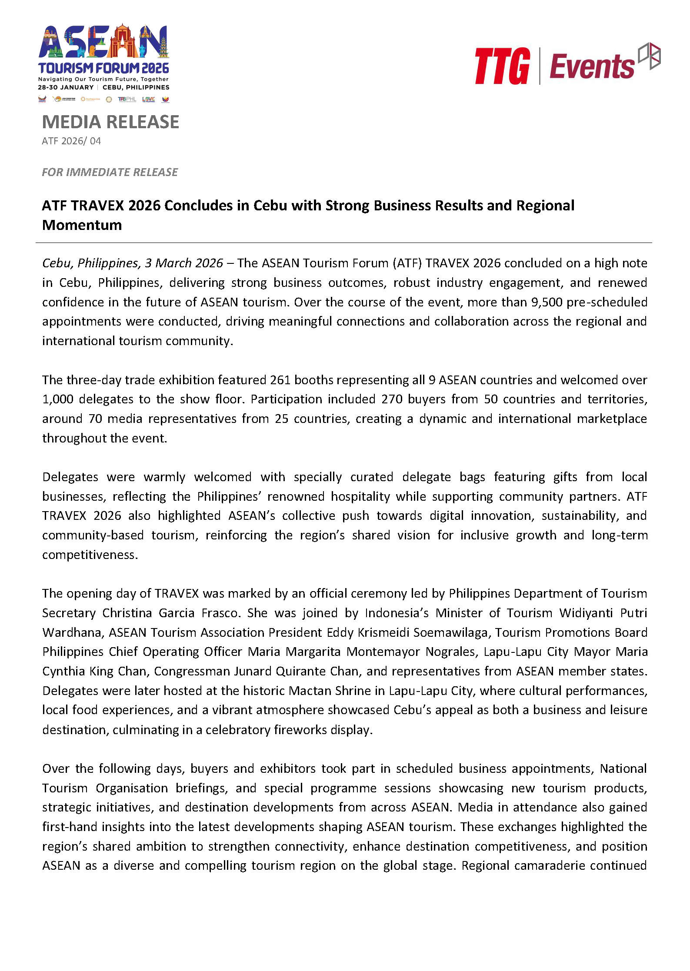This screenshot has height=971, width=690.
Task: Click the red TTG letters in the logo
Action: pyautogui.click(x=502, y=66)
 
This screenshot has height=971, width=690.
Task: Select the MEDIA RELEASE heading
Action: pyautogui.click(x=110, y=122)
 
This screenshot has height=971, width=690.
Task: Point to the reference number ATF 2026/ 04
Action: pyautogui.click(x=71, y=141)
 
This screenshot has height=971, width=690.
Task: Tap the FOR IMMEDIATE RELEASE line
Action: pyautogui.click(x=110, y=173)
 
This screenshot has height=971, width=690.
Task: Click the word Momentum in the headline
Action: pyautogui.click(x=82, y=225)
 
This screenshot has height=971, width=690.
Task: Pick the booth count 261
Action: pyautogui.click(x=280, y=380)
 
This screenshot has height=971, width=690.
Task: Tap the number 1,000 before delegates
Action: pyautogui.click(x=58, y=399)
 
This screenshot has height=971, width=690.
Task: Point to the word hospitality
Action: pyautogui.click(x=360, y=497)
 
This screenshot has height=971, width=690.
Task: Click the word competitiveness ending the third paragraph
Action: pyautogui.click(x=89, y=555)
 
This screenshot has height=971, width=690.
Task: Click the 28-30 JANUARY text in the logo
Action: pyautogui.click(x=66, y=87)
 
